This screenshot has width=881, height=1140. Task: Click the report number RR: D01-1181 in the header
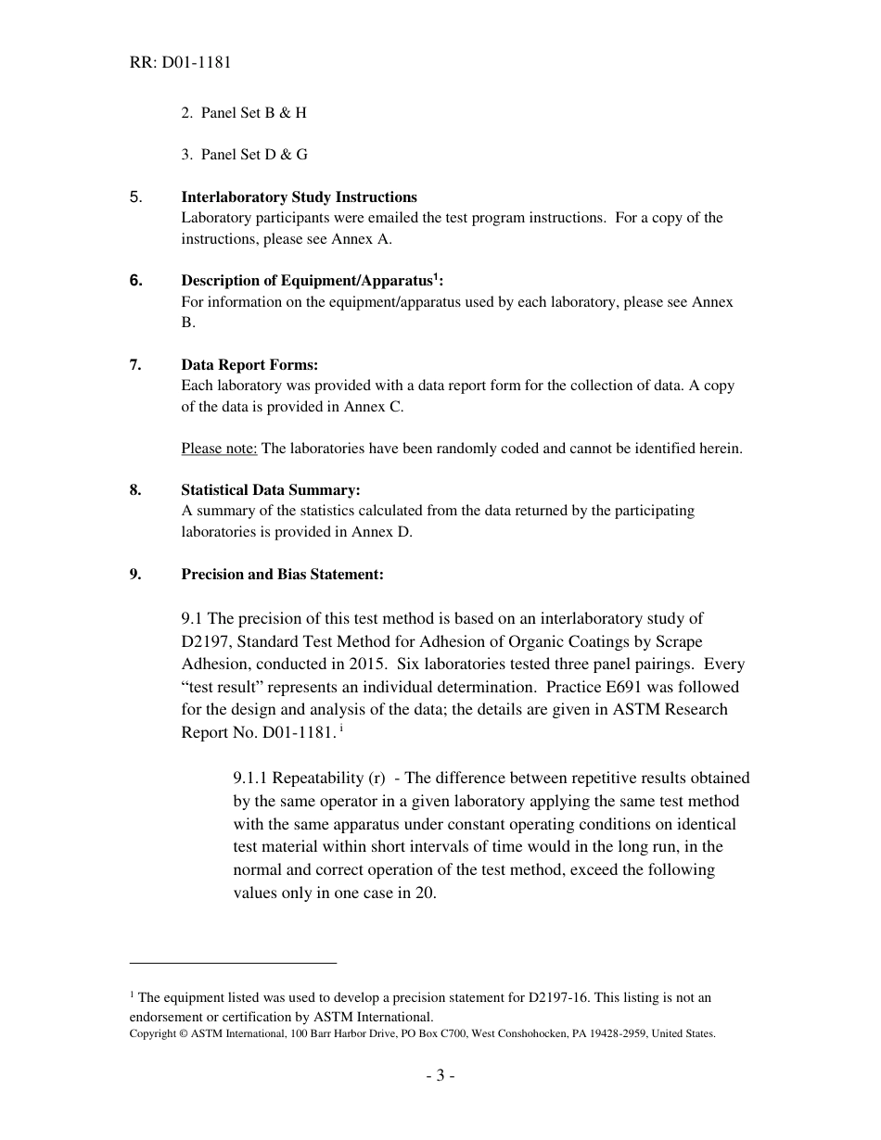tap(180, 63)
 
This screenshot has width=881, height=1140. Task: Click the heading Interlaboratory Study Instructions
tap(299, 196)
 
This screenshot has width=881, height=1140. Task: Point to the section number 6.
tap(135, 280)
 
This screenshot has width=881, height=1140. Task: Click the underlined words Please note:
tap(219, 449)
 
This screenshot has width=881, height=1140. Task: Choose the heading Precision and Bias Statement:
tap(282, 574)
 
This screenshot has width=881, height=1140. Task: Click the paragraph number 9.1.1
tap(250, 778)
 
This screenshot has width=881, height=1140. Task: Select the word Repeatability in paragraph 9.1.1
tap(315, 778)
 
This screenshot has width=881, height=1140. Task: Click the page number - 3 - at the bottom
tap(440, 1076)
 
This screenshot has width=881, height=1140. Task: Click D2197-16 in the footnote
tap(558, 997)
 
